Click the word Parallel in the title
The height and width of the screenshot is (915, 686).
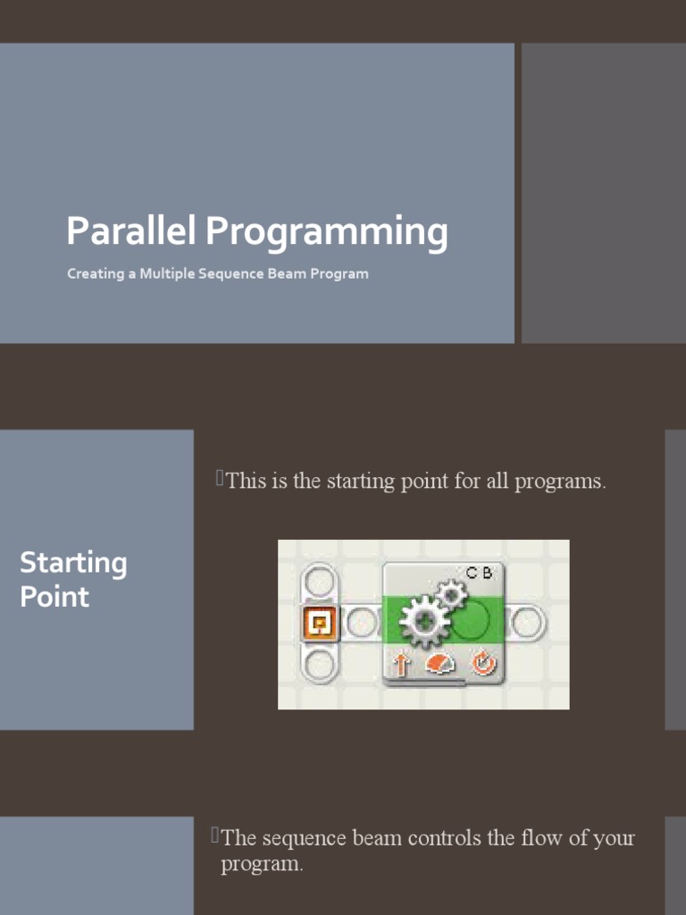pos(130,231)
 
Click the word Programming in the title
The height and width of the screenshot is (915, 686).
pos(327,233)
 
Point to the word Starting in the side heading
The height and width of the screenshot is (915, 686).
pos(73,564)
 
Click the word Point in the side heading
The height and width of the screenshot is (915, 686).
pos(54,596)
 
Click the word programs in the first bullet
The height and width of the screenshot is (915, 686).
pos(560,482)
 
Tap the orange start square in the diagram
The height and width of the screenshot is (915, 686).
pos(320,623)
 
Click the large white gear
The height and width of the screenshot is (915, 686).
pos(424,622)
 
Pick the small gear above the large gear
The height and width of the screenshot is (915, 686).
pos(450,594)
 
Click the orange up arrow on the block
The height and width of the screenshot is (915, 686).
pos(400,664)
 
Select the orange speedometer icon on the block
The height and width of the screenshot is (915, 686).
pos(440,664)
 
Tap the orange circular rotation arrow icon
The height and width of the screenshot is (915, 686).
pos(483,664)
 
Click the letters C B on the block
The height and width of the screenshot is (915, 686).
pos(479,573)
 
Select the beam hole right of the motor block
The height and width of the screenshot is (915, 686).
pos(529,623)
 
